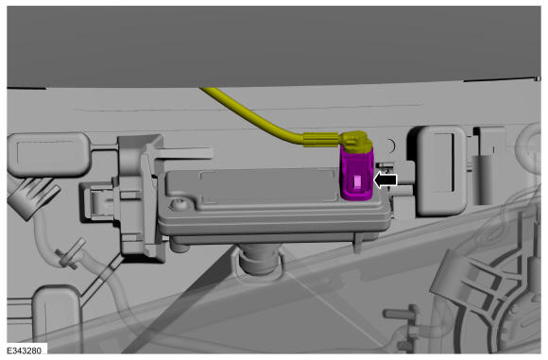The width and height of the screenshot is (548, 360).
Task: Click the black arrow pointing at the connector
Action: [385, 180]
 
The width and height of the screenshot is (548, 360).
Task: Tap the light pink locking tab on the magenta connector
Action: [358, 181]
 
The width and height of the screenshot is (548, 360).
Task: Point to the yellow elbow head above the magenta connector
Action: [357, 143]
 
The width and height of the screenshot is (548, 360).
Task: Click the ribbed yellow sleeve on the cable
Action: [321, 140]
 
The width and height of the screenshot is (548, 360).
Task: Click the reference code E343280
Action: [25, 351]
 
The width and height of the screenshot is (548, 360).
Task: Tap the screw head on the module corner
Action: [180, 204]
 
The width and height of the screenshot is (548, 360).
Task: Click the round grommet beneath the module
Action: [258, 261]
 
